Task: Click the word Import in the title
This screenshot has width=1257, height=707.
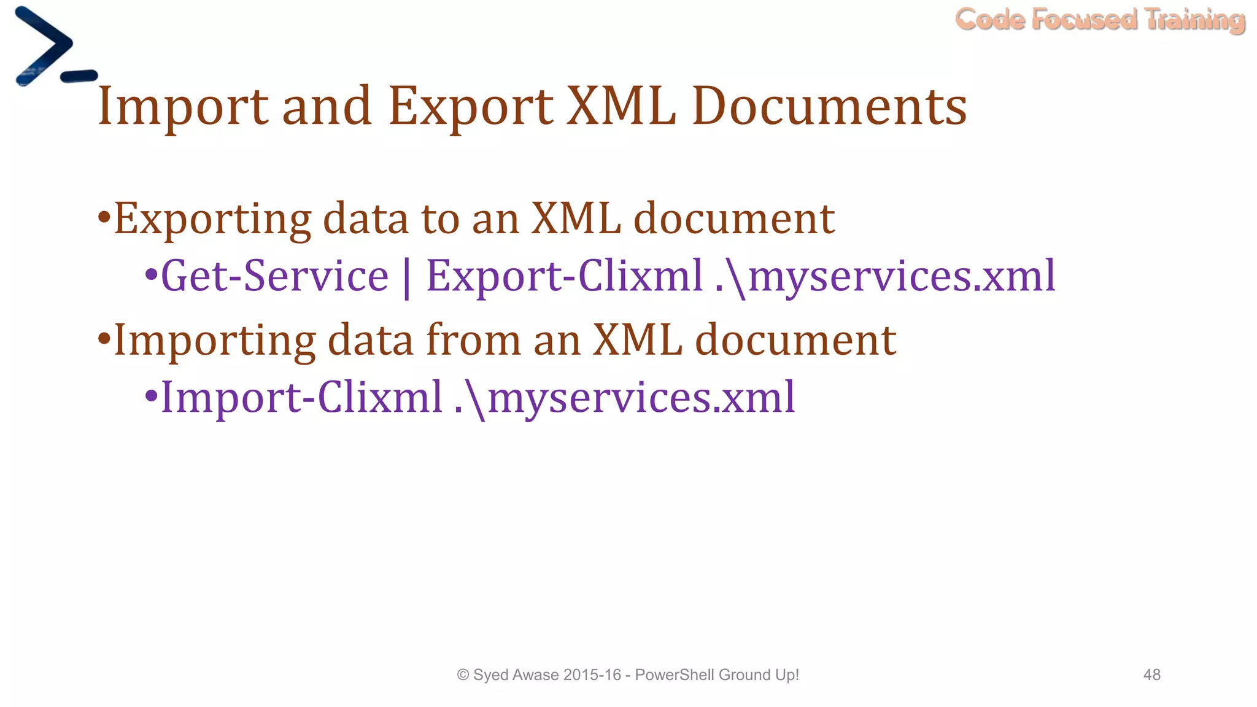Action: (x=182, y=107)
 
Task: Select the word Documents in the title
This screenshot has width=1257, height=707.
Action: (x=829, y=107)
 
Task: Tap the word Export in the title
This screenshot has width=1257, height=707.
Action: (x=470, y=107)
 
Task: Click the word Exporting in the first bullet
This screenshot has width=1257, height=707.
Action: (x=212, y=220)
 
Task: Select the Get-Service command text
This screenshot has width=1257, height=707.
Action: (x=274, y=276)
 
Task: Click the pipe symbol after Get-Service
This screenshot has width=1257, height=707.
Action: (x=407, y=278)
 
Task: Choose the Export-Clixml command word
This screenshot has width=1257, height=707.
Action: (x=564, y=276)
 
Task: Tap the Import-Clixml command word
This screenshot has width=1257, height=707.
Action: (x=301, y=398)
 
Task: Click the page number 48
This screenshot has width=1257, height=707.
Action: (x=1151, y=675)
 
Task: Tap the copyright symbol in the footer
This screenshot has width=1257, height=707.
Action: (x=463, y=675)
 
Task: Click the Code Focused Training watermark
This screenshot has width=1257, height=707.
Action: (x=1100, y=20)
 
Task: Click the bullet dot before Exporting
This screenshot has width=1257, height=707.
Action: (x=104, y=217)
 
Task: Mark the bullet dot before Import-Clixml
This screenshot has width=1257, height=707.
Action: (x=150, y=396)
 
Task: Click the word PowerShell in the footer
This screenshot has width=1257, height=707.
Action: (x=675, y=675)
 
